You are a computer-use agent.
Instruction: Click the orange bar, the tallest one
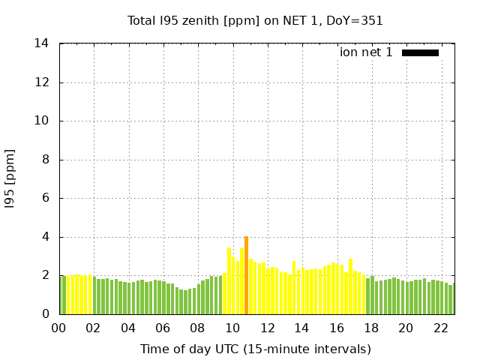[x=246, y=275]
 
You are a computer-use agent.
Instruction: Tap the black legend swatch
[x=420, y=52]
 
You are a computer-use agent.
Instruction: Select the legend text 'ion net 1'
[x=366, y=52]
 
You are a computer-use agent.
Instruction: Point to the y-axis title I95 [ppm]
[x=10, y=178]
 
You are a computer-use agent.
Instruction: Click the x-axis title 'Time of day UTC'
[x=255, y=349]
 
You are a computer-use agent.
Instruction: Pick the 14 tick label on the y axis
[x=42, y=43]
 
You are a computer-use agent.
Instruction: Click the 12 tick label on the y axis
[x=42, y=82]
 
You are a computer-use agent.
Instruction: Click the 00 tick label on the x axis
[x=59, y=328]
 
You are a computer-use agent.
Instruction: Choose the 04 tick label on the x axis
[x=128, y=328]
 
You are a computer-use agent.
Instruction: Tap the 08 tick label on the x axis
[x=198, y=328]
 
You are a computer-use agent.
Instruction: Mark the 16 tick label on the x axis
[x=337, y=328]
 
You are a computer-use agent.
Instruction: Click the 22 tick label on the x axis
[x=441, y=328]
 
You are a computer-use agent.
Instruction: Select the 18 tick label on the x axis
[x=371, y=328]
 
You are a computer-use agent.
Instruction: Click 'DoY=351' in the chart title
[x=357, y=20]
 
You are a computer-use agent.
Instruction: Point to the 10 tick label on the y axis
[x=42, y=121]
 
